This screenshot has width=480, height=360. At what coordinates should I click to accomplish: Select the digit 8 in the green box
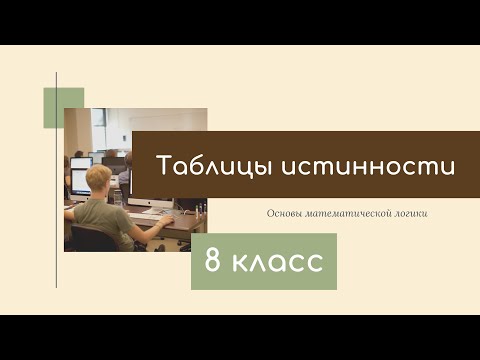213,262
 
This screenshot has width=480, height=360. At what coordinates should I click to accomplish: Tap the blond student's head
102,179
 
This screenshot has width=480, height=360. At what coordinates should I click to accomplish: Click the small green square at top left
63,107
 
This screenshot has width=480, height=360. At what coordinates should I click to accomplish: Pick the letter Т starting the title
164,167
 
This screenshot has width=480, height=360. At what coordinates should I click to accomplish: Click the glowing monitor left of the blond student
80,163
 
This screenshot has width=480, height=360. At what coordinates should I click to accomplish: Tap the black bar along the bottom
240,337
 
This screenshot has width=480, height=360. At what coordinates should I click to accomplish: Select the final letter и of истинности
448,169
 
